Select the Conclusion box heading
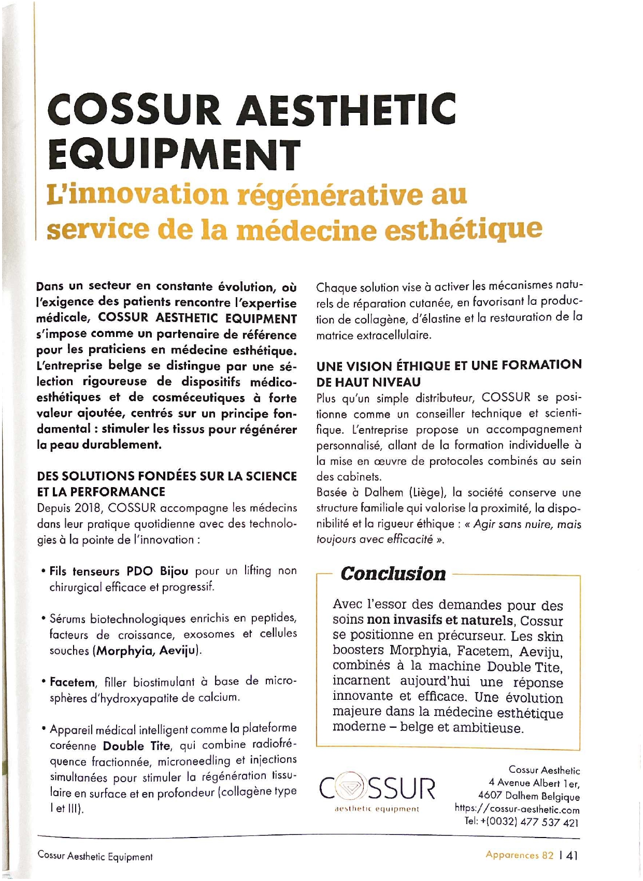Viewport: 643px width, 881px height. tap(393, 574)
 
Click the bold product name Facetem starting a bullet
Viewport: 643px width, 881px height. tap(72, 682)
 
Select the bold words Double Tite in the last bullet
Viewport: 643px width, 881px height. tap(136, 746)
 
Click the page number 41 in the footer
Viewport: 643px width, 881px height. tap(571, 856)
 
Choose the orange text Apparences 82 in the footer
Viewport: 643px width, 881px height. tap(519, 855)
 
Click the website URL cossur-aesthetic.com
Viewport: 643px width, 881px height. tap(517, 810)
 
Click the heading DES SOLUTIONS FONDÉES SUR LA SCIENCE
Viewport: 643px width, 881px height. tap(167, 476)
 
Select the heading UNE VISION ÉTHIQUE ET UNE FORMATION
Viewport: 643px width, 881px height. tap(449, 365)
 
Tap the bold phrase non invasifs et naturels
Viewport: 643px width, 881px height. tap(440, 620)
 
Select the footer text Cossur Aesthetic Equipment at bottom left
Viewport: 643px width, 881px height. tap(95, 857)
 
